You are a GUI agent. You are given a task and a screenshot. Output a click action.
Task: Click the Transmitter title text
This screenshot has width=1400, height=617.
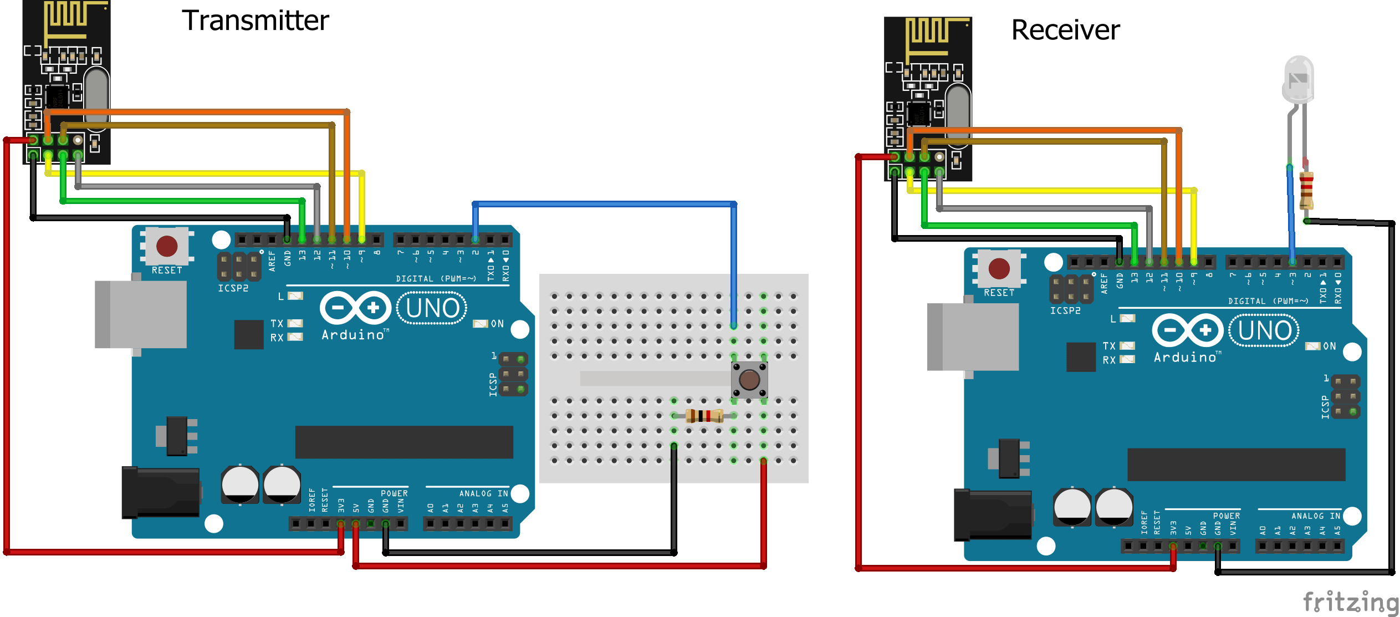[256, 21]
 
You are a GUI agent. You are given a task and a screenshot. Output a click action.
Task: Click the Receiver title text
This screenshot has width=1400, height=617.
[1065, 30]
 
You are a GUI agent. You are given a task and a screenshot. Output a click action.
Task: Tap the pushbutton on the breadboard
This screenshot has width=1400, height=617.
[749, 380]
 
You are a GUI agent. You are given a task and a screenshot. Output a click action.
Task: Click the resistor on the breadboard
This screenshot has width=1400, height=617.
[704, 415]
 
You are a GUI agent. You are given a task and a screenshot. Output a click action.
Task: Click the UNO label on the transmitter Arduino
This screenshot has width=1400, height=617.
[432, 308]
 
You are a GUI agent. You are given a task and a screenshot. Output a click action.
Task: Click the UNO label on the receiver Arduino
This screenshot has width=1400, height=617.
[1265, 330]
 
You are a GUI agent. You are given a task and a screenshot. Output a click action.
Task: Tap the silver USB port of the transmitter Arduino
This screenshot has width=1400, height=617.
[141, 314]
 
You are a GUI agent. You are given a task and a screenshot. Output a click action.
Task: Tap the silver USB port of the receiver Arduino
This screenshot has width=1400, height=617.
[973, 336]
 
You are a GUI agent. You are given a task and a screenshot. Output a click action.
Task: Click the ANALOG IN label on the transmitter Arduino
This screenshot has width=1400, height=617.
[483, 493]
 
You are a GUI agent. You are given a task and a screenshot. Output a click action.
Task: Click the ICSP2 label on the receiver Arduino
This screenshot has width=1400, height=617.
[1065, 311]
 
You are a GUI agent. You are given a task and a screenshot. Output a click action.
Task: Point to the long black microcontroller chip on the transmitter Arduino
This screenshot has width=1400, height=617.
[404, 442]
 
